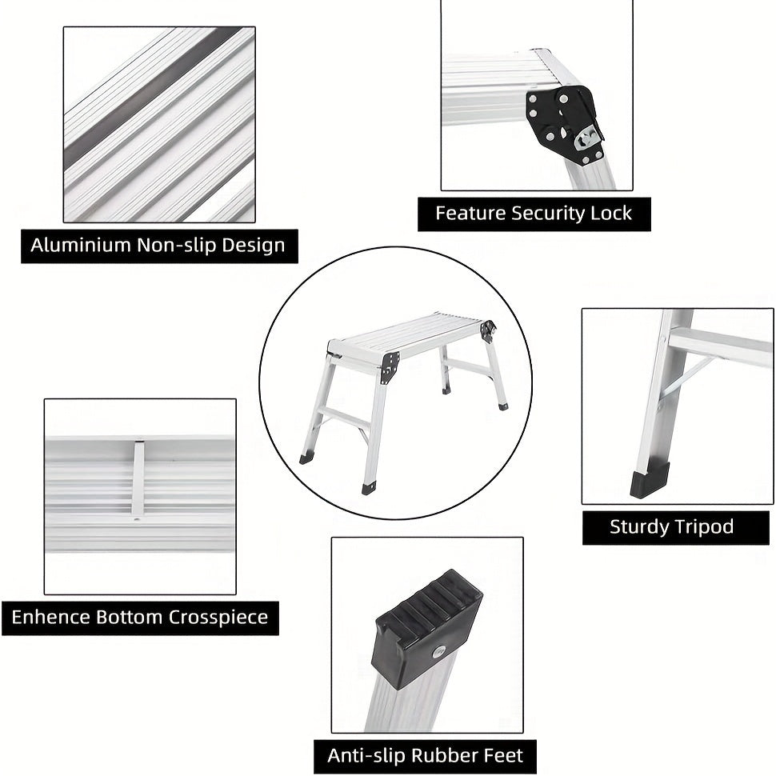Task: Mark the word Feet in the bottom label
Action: pyautogui.click(x=504, y=755)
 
